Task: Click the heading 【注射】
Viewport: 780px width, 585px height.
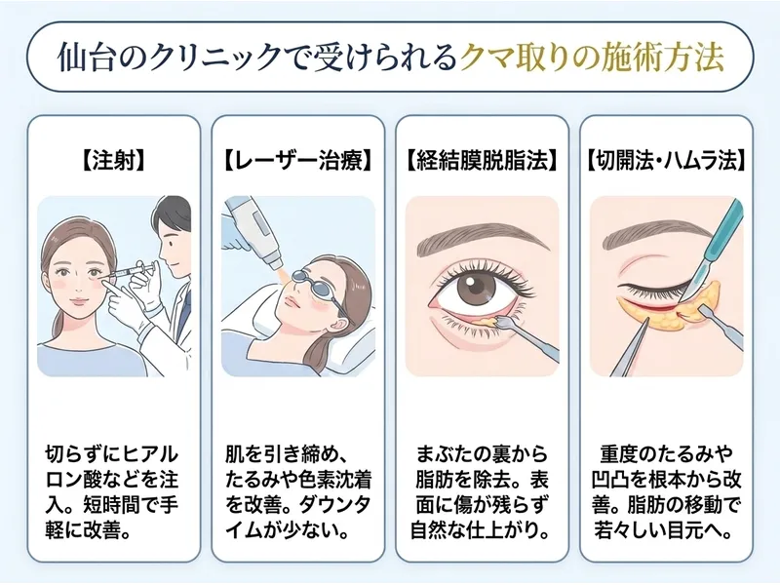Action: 113,161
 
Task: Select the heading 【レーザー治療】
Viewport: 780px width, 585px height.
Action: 298,161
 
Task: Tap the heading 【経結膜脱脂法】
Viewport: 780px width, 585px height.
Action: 482,161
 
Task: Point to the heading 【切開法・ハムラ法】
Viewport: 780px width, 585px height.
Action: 666,161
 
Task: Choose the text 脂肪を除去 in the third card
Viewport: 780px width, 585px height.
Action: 465,480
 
